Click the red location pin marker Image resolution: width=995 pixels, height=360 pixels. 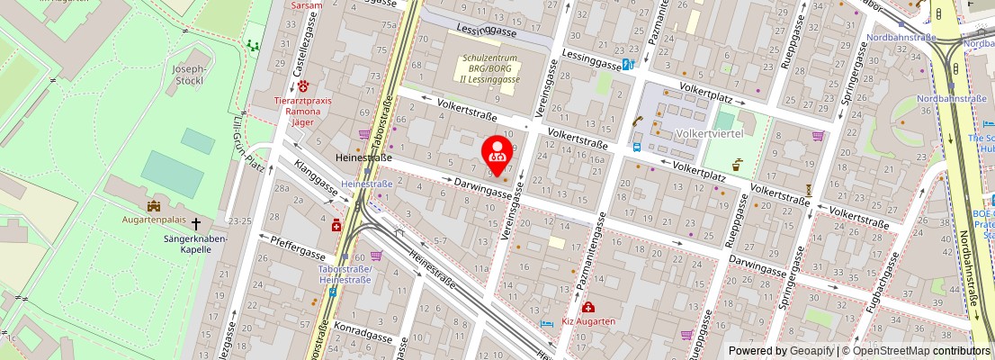pyautogui.click(x=497, y=152)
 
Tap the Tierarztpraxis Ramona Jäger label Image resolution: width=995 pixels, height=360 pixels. pyautogui.click(x=302, y=112)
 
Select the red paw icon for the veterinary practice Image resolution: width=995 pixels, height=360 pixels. pyautogui.click(x=303, y=86)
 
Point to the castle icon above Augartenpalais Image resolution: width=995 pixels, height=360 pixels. pyautogui.click(x=153, y=206)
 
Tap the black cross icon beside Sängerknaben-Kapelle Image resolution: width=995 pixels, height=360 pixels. pyautogui.click(x=195, y=223)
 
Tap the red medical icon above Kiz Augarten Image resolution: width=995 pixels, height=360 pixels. pyautogui.click(x=587, y=308)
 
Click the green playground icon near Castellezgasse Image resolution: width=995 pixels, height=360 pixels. pyautogui.click(x=253, y=44)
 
